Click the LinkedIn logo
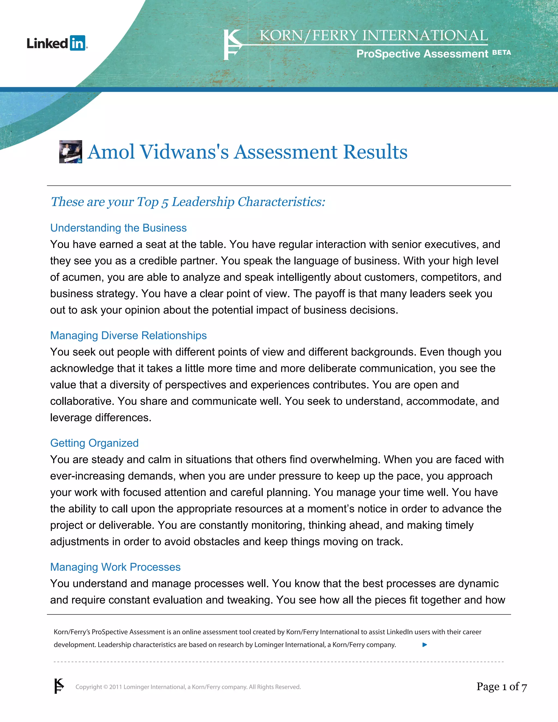click(x=57, y=43)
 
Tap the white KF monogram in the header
click(x=232, y=45)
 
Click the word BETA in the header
click(x=502, y=53)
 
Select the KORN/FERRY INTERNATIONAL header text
click(x=373, y=36)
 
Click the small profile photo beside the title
click(x=70, y=152)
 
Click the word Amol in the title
click(x=111, y=152)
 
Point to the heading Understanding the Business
click(x=118, y=228)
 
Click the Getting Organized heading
click(x=94, y=443)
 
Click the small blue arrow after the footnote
click(x=425, y=645)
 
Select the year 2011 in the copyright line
click(x=116, y=687)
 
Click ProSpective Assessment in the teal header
click(x=422, y=54)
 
